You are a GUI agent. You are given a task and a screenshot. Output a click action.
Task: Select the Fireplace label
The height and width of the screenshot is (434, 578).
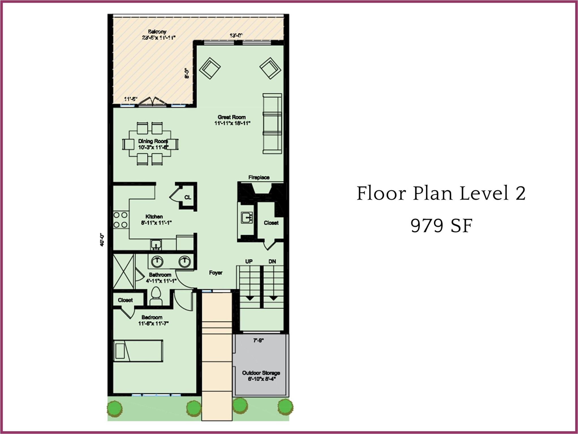[259, 177]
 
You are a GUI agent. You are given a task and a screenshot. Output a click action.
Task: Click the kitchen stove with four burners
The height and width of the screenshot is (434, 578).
[120, 220]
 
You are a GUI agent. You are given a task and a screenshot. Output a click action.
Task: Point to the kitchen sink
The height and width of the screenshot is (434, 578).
[156, 244]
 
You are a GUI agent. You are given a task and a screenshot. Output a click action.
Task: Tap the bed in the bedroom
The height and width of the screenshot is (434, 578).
[138, 351]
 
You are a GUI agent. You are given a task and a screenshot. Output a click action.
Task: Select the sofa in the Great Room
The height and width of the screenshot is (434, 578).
[272, 124]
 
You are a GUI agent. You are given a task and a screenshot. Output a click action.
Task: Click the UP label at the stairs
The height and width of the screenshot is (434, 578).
[249, 261]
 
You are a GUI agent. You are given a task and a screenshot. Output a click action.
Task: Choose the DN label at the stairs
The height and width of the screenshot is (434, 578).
[272, 261]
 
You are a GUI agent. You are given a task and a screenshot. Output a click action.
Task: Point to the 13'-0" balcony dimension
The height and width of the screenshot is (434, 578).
[236, 36]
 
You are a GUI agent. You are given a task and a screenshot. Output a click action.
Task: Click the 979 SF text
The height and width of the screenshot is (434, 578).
[441, 226]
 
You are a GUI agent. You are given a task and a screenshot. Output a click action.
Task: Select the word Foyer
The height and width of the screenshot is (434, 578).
[215, 273]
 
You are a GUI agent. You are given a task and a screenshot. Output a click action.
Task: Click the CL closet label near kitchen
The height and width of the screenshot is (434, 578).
[188, 197]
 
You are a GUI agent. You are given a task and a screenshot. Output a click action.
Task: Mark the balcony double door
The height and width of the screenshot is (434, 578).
[153, 102]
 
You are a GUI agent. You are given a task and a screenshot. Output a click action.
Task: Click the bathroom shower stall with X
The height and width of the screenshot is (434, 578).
[123, 271]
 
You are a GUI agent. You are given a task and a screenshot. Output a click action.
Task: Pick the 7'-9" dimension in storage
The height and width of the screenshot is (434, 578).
[258, 341]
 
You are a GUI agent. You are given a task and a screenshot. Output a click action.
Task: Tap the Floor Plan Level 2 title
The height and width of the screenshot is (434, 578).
[441, 194]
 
